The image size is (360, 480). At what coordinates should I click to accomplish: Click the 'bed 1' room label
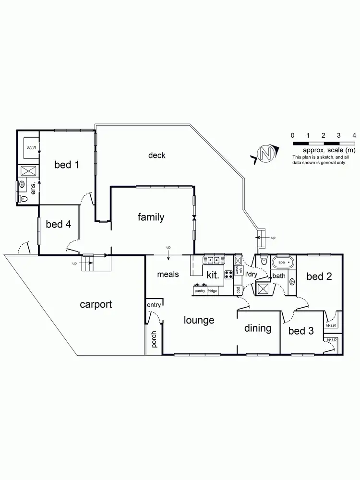pos(67,165)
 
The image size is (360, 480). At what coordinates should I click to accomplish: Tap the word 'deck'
pos(156,155)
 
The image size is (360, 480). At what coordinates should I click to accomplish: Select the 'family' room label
pos(151,217)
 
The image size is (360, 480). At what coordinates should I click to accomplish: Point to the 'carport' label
pos(96,304)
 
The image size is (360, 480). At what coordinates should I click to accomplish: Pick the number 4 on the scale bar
pos(354,135)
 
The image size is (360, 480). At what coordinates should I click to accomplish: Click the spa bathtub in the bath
pos(282,263)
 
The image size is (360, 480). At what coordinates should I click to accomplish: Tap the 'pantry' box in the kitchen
pos(199,291)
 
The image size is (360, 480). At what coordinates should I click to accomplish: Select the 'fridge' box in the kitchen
pos(213,291)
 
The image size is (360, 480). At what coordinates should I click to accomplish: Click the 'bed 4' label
pos(59,224)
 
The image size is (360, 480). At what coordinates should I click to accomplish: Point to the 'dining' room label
pos(258,328)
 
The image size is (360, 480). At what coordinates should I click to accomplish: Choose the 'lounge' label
pos(199,320)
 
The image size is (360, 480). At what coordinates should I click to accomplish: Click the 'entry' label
pos(154,305)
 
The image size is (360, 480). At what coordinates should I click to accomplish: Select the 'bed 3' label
pos(301,331)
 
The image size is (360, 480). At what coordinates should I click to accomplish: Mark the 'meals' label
pos(168,275)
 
